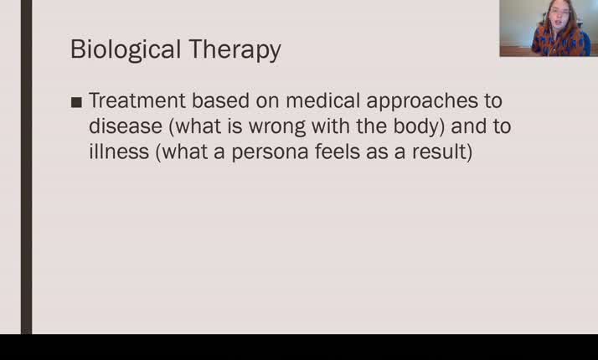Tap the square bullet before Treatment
coord(77,102)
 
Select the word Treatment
coord(137,100)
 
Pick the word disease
coord(121,126)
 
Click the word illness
coord(118,152)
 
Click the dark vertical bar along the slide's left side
coord(26,167)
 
